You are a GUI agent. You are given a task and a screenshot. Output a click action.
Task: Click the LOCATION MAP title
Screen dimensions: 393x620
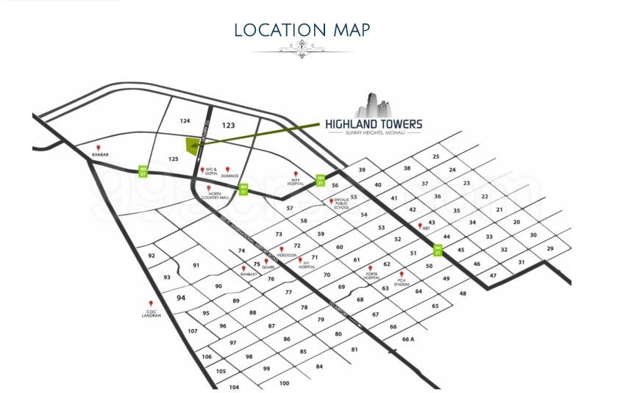pos(302,30)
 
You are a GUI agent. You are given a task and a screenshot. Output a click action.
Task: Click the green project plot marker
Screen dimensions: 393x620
pos(194,145)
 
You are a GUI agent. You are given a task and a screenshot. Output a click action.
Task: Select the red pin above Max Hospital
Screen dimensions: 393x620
pos(296,174)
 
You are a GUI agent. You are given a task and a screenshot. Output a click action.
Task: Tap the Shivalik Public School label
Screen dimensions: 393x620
pos(341,204)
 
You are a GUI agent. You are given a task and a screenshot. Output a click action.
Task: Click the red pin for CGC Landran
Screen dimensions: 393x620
pos(152,303)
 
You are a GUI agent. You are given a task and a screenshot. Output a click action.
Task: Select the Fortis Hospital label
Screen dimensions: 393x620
pos(371,276)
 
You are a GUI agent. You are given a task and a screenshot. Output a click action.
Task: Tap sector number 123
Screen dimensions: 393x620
pos(228,126)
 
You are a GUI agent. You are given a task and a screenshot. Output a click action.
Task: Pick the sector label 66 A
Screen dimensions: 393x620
pos(409,339)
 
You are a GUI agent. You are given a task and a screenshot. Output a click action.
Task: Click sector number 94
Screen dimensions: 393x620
pos(182,298)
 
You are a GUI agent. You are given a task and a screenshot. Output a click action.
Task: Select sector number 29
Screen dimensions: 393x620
pos(549,249)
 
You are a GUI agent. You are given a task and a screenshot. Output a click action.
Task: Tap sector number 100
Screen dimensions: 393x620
pos(284,383)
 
